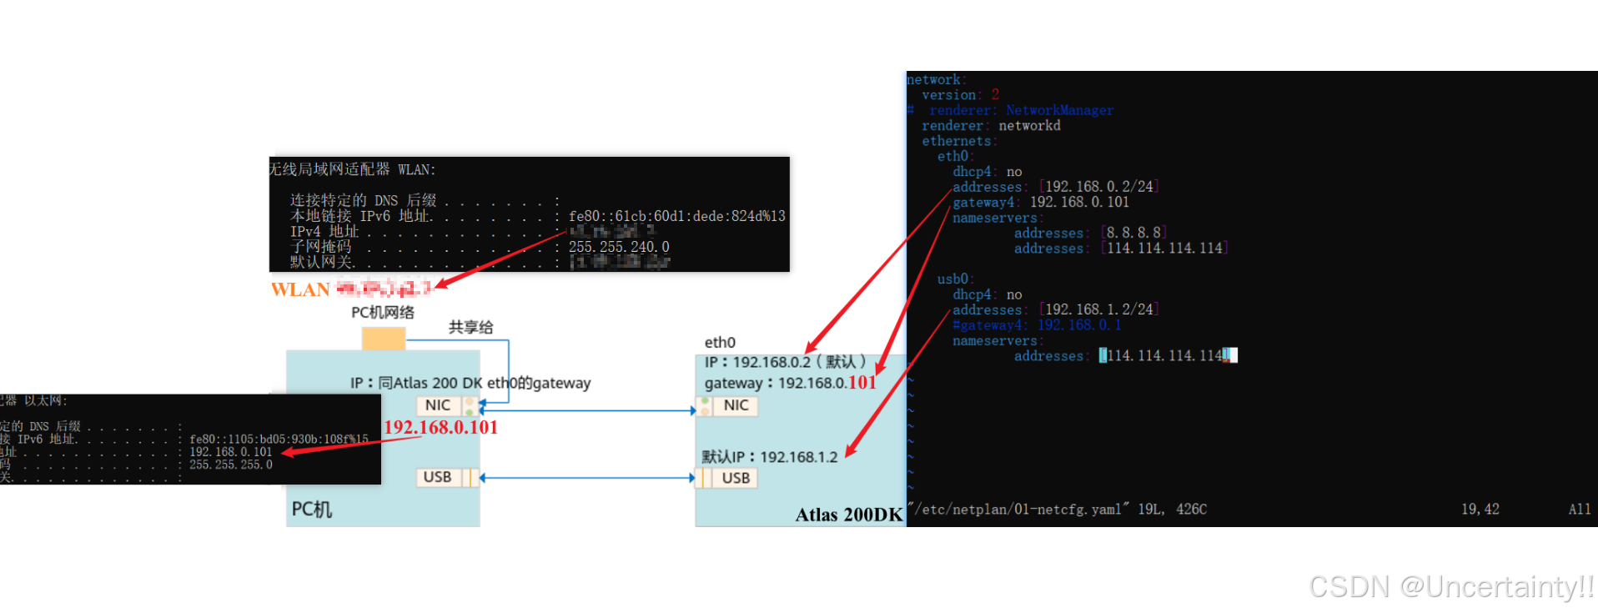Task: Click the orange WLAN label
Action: tap(300, 289)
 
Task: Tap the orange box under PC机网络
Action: tap(384, 339)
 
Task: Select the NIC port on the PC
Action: tap(438, 405)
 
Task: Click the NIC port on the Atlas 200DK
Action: tap(736, 405)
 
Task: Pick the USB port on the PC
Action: tap(438, 477)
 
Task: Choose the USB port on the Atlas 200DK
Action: tap(736, 478)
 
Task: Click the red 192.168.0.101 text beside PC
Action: tap(440, 427)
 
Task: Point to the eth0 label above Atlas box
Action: tap(720, 343)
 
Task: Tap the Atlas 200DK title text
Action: tap(848, 515)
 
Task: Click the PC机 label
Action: tap(312, 509)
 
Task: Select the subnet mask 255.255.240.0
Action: tap(619, 247)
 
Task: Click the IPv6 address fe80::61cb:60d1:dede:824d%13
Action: tap(676, 216)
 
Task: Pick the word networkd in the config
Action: tap(1029, 126)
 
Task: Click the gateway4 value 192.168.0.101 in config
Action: tap(1079, 202)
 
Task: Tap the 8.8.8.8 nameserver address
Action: tap(1133, 233)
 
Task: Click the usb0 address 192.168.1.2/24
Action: tap(1099, 309)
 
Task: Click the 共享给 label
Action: tap(470, 327)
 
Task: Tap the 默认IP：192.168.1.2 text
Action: tap(769, 457)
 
